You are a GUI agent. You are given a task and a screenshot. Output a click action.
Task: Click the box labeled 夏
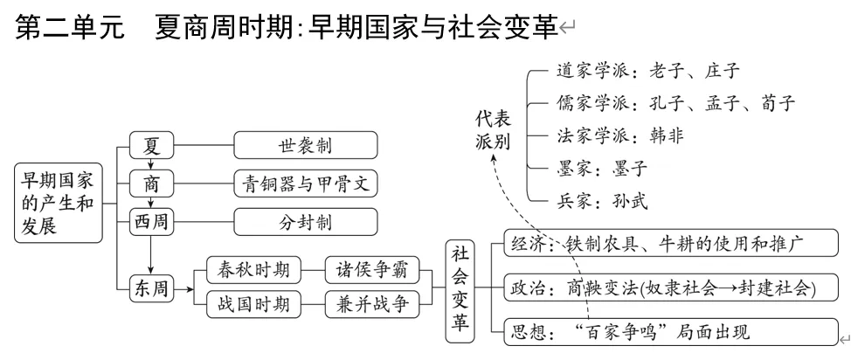[x=151, y=144]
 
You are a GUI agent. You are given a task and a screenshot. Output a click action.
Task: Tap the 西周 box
[x=151, y=222]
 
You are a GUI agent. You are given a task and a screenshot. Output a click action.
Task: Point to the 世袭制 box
[x=305, y=144]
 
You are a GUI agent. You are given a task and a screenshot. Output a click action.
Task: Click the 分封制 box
[x=305, y=222]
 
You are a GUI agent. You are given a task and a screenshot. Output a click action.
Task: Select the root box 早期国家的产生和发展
[x=57, y=204]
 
